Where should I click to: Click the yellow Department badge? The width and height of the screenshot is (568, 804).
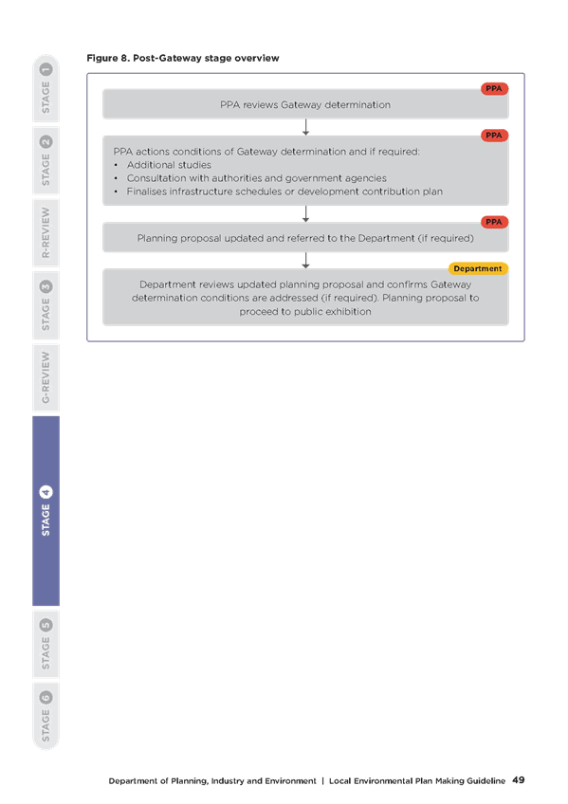coord(478,268)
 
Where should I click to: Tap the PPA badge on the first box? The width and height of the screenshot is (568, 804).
coord(494,89)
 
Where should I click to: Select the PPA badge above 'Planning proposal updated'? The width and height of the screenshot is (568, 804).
coord(494,222)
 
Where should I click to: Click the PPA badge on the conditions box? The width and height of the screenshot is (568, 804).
coord(494,136)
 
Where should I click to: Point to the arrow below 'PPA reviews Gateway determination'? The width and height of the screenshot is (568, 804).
coord(305,127)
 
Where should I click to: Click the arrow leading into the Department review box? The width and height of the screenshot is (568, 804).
coord(305,261)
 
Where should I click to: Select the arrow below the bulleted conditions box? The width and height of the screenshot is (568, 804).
coord(305,214)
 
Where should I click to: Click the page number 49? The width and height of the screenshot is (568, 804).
coord(519,780)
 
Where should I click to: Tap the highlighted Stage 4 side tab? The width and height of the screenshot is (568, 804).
coord(46,511)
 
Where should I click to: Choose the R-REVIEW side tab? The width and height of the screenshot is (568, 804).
coord(46,233)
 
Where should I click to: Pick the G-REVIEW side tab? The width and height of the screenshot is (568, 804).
coord(46,377)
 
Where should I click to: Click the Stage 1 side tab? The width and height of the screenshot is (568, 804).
coord(46,88)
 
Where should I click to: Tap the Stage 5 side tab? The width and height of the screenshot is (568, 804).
coord(46,644)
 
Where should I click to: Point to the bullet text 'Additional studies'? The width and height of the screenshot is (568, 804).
coord(169,165)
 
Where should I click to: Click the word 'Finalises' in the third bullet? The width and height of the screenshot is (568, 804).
coord(147,192)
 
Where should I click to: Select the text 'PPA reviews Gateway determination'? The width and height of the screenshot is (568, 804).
coord(305,105)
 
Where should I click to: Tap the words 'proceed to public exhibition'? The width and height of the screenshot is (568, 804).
coord(305,312)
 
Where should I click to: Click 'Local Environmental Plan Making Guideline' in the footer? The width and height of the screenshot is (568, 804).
coord(417,781)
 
